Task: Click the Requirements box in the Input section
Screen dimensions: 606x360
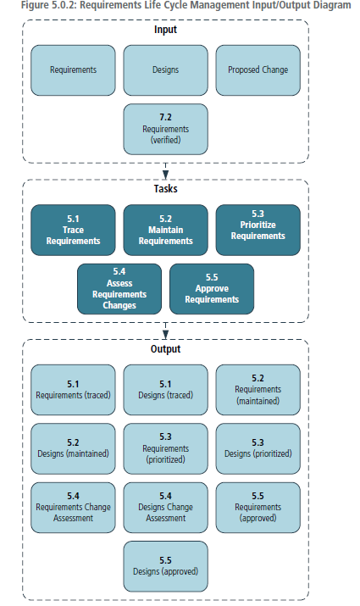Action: pos(73,69)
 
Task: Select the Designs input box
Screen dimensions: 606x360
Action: pos(165,69)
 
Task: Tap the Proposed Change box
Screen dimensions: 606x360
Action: pos(258,69)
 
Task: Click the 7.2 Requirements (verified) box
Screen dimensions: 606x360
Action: pos(165,129)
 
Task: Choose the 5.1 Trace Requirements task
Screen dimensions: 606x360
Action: pos(73,230)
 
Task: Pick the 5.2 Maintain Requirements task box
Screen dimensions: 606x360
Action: pos(165,230)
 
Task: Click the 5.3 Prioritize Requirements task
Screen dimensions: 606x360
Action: pos(258,230)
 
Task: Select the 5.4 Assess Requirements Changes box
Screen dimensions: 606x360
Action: pos(119,289)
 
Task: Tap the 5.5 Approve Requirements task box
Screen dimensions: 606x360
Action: pos(211,289)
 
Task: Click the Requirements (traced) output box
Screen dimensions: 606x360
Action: pos(73,390)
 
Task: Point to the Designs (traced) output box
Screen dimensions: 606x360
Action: pos(165,390)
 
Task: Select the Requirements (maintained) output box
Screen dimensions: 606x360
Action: pos(258,390)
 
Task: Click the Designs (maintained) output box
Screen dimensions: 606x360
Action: pos(73,448)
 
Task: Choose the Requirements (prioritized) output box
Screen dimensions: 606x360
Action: pos(165,448)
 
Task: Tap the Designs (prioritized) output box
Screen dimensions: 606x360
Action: pos(258,448)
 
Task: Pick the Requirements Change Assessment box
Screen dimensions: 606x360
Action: pos(73,507)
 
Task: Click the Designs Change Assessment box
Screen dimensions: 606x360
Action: pos(165,507)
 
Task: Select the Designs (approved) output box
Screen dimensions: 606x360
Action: pos(165,566)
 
